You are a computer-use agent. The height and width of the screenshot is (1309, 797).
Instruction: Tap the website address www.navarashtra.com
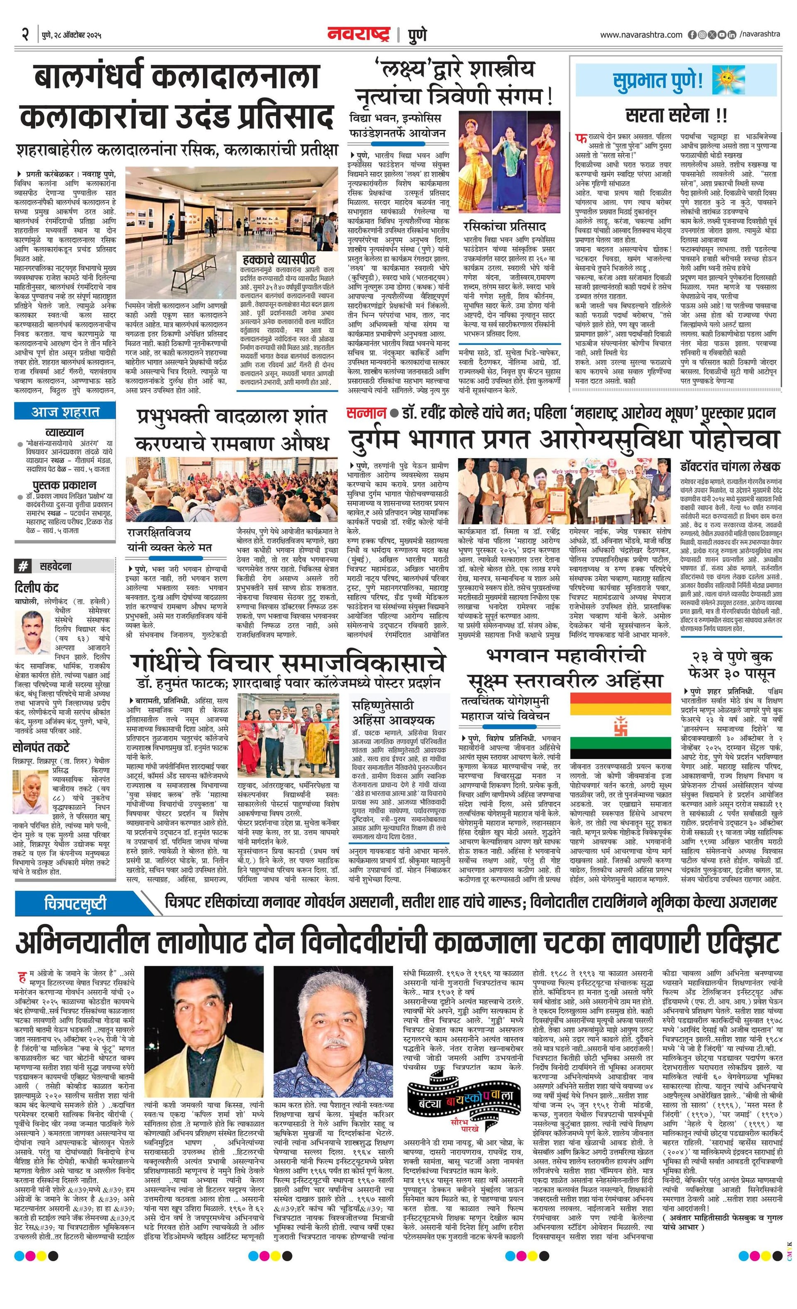pos(641,35)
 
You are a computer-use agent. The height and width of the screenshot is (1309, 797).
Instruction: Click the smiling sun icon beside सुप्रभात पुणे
pos(724,79)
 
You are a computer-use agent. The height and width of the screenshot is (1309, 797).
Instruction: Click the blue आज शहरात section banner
pos(65,412)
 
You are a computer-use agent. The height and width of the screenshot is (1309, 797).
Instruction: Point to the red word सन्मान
pos(366,413)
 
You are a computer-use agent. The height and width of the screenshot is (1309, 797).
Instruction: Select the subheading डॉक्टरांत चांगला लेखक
pos(730,466)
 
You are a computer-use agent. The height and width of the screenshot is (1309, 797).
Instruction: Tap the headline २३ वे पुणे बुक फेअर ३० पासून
pos(730,664)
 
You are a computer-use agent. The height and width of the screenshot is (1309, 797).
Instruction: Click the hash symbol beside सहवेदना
pos(23,567)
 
